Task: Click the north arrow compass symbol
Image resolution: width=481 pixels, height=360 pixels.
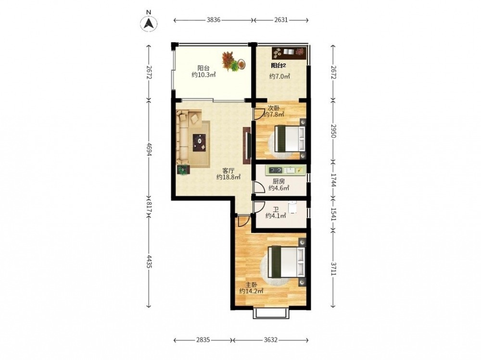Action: point(149,23)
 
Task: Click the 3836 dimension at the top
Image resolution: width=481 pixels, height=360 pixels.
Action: point(214,20)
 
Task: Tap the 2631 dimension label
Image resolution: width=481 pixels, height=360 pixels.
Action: point(281,20)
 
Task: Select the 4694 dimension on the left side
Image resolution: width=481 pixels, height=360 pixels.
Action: point(149,149)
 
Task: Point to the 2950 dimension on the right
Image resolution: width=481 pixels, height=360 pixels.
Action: point(333,130)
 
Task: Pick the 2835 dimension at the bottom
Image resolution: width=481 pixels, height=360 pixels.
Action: point(203,340)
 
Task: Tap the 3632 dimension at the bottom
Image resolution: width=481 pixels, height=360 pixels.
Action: point(270,340)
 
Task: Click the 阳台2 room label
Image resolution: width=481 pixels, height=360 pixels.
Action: point(278,65)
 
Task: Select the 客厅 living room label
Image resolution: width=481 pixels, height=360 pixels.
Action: point(228,171)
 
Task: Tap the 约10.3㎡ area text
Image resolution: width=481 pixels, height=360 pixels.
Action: point(203,74)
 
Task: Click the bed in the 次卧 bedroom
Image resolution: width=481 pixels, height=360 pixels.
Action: point(291,138)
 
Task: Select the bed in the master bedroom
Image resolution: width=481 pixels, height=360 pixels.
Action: point(287,262)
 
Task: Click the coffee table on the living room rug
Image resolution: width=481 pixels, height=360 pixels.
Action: point(200,143)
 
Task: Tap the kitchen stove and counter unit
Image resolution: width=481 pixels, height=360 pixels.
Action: point(286,170)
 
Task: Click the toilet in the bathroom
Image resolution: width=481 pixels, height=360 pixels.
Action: point(292,207)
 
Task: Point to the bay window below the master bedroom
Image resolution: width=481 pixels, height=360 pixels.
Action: point(271,313)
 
